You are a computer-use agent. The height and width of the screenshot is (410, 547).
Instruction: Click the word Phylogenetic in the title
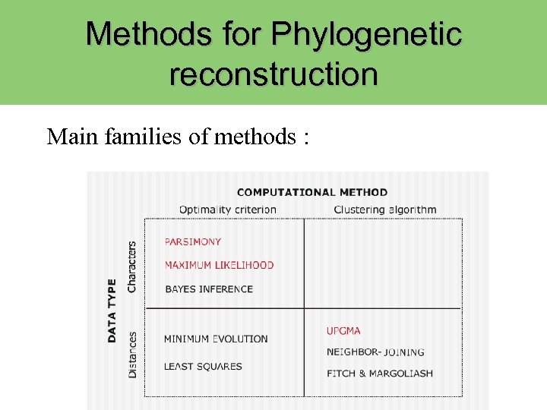click(366, 34)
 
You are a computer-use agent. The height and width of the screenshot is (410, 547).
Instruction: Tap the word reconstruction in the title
click(273, 74)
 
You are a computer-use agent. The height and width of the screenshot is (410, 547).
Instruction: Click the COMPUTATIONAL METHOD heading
click(312, 192)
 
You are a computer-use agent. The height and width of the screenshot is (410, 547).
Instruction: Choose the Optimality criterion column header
click(228, 210)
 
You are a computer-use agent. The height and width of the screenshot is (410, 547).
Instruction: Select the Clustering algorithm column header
click(385, 210)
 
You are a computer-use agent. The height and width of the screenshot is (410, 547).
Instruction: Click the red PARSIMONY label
click(193, 241)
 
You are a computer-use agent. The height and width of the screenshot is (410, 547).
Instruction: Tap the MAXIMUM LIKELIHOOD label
click(219, 265)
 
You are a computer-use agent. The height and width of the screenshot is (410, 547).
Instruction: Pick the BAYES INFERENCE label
click(209, 289)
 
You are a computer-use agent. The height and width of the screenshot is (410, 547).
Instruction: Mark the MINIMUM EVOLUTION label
click(216, 339)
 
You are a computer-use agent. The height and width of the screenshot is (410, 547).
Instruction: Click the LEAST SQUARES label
click(203, 366)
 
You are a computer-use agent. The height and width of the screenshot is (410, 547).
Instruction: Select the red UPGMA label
click(343, 331)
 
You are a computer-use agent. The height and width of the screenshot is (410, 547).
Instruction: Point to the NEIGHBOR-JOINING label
click(375, 352)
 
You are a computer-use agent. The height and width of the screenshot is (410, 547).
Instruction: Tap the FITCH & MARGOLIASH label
click(380, 373)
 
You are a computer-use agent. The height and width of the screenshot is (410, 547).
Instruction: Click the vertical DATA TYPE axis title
click(112, 310)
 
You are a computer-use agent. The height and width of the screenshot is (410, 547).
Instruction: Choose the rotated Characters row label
click(132, 266)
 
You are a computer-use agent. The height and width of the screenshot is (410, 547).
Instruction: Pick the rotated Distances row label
click(132, 355)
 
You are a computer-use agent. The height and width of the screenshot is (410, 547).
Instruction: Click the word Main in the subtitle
click(68, 137)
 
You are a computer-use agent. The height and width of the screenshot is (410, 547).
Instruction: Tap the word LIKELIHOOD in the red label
click(245, 265)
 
